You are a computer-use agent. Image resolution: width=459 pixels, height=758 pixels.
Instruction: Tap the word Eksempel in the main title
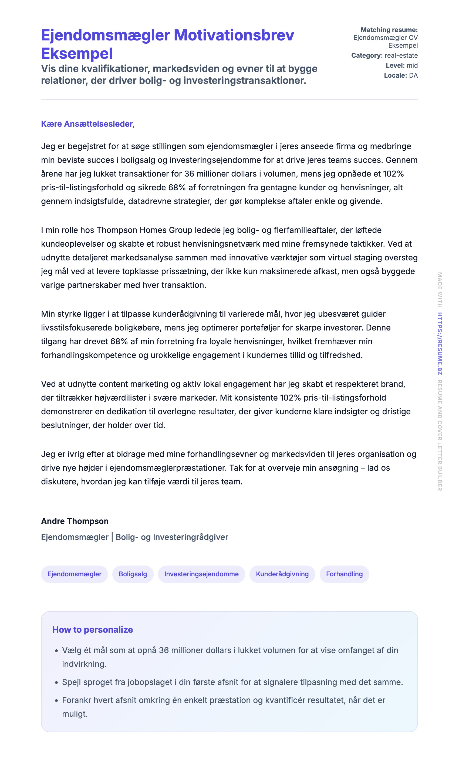pyautogui.click(x=77, y=54)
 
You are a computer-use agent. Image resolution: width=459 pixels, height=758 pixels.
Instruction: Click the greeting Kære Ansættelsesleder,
pyautogui.click(x=88, y=124)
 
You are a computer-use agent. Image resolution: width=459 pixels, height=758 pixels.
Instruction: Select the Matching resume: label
pyautogui.click(x=389, y=30)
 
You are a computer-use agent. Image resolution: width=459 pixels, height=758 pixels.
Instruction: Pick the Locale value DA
pyautogui.click(x=413, y=75)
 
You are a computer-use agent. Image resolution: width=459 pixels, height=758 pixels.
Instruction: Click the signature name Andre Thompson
pyautogui.click(x=75, y=521)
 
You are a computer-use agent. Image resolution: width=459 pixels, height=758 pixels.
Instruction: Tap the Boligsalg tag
pyautogui.click(x=133, y=574)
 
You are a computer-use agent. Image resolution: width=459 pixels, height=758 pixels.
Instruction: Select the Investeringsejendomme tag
pyautogui.click(x=201, y=574)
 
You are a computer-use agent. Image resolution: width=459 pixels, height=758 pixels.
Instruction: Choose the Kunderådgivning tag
pyautogui.click(x=282, y=574)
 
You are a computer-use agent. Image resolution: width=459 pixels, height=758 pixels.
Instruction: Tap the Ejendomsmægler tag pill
pyautogui.click(x=74, y=574)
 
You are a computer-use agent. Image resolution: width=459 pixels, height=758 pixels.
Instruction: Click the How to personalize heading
pyautogui.click(x=92, y=630)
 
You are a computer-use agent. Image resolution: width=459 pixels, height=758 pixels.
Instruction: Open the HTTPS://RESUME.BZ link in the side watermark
pyautogui.click(x=440, y=343)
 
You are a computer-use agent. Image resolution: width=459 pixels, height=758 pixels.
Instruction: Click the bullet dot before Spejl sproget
pyautogui.click(x=56, y=682)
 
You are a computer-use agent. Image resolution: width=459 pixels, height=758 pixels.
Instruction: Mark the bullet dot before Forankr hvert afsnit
pyautogui.click(x=56, y=701)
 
